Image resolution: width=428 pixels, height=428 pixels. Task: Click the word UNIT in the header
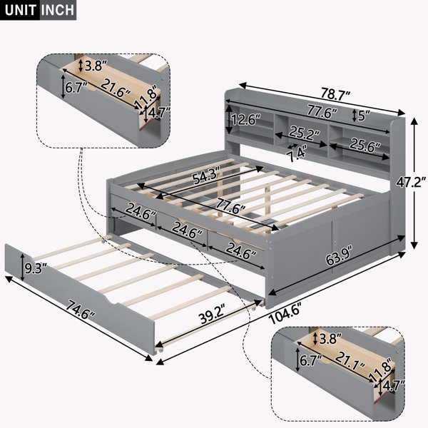(x=21, y=10)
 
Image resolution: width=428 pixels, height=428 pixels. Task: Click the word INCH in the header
(x=58, y=10)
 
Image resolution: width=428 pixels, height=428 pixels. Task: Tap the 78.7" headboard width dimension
(x=335, y=94)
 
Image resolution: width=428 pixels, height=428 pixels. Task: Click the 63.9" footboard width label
(x=338, y=255)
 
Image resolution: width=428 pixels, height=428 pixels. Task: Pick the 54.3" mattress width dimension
(x=206, y=176)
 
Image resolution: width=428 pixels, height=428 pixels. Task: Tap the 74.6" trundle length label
(x=81, y=310)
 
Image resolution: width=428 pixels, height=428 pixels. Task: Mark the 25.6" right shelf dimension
(x=365, y=145)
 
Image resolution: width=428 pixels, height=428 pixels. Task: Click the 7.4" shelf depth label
(x=297, y=155)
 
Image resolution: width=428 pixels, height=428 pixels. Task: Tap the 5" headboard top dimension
(x=364, y=116)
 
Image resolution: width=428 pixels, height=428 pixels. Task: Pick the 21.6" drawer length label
(x=116, y=88)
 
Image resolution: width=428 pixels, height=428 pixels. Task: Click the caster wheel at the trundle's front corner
(x=159, y=350)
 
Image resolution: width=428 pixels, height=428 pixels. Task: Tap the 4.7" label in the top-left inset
(x=159, y=112)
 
